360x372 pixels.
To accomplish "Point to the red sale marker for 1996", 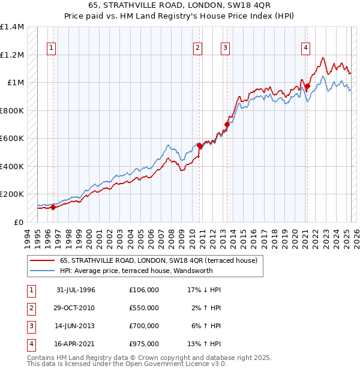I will click(53, 208).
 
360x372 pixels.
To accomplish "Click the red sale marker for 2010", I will click(200, 145).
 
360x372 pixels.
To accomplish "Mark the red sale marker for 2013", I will click(227, 125).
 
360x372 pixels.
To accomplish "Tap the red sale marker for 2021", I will click(307, 86).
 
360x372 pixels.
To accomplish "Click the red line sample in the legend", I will click(41, 260).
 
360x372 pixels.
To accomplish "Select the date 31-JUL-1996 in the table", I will click(76, 290).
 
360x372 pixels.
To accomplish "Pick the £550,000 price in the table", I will click(144, 308).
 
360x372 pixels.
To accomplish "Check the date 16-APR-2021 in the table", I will click(76, 344).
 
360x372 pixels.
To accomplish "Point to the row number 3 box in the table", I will click(29, 326).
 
